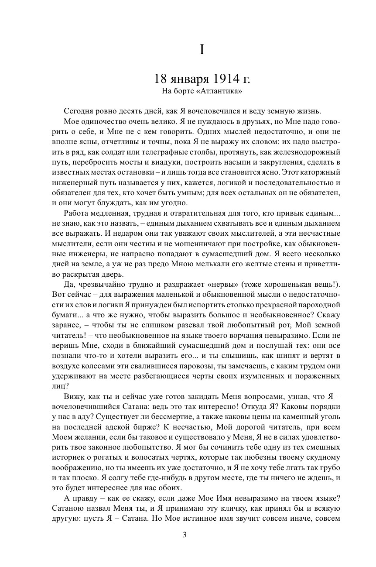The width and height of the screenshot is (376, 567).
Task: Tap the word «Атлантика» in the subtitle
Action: (x=221, y=92)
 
